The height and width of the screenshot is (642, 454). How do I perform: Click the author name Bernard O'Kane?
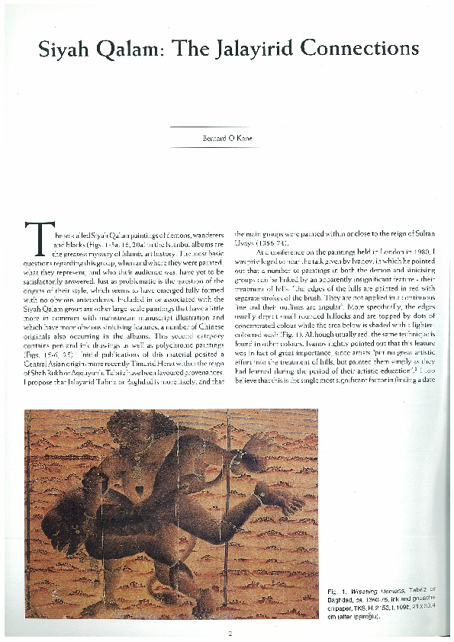227,138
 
